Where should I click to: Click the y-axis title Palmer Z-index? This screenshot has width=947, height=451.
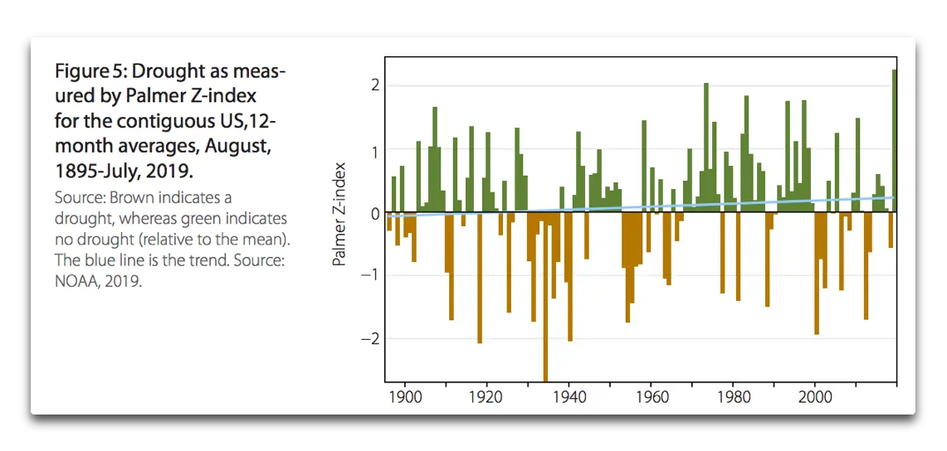pos(339,214)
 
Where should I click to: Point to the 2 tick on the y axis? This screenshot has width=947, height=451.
pos(375,85)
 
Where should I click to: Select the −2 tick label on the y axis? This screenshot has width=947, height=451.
pos(371,339)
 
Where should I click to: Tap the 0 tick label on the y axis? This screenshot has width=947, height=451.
pos(375,213)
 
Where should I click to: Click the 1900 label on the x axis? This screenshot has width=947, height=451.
pos(405,397)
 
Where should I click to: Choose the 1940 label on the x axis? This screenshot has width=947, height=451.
pos(569,397)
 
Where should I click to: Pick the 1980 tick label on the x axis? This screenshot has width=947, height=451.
pos(732,397)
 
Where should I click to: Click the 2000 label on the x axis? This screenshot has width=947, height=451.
pos(814,397)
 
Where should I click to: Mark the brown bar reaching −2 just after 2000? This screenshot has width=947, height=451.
pos(817,274)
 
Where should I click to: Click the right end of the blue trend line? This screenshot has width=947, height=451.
pos(893,197)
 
